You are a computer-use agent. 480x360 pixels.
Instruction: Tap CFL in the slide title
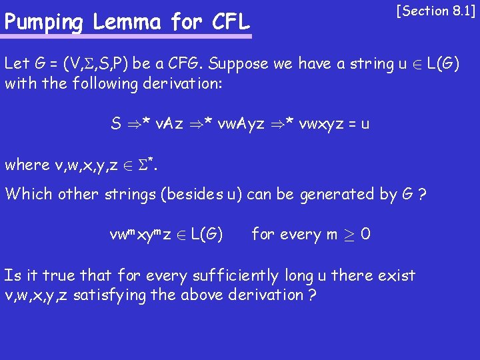click(229, 23)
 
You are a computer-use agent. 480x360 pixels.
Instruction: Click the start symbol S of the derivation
click(116, 123)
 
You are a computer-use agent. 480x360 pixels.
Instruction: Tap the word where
click(27, 165)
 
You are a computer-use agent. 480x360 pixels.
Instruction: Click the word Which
click(28, 195)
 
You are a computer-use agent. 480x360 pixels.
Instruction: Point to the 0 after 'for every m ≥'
click(365, 235)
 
